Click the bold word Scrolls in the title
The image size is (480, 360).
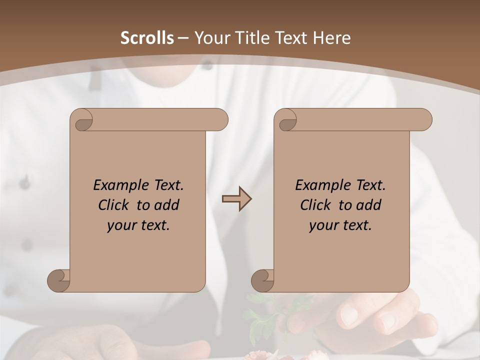(147, 38)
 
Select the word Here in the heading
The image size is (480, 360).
(331, 38)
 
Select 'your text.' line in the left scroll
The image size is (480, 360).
(138, 225)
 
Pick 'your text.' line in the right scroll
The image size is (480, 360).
(340, 225)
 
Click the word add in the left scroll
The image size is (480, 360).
(167, 205)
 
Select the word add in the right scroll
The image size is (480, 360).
(369, 205)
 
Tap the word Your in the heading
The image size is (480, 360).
(210, 38)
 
